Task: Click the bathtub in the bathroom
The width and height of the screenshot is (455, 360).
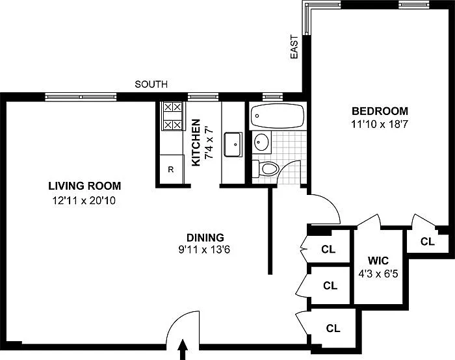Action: click(277, 116)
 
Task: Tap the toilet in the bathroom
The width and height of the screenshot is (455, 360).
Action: click(265, 168)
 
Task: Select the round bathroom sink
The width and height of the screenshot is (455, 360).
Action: click(261, 142)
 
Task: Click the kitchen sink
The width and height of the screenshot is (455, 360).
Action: click(233, 144)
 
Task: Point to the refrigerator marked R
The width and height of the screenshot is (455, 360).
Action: click(172, 169)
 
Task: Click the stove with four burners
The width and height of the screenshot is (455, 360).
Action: click(172, 116)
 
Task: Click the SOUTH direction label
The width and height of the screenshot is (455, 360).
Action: click(151, 84)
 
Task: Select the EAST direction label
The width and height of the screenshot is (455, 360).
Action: click(294, 47)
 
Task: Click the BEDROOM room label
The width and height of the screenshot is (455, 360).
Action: click(380, 111)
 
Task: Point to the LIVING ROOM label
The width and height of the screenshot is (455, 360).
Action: click(84, 186)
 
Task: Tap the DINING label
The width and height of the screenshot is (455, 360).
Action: click(205, 238)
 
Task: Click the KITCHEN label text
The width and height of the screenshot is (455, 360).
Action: click(196, 143)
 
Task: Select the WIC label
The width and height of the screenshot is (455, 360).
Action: click(378, 261)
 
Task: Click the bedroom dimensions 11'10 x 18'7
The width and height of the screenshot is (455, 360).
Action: click(380, 125)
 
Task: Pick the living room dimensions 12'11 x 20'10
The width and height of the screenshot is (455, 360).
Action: click(84, 200)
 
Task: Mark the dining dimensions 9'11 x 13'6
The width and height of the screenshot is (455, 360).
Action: click(204, 250)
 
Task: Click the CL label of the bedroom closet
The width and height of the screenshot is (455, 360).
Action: click(428, 241)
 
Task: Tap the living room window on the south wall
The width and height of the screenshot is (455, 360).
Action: click(81, 97)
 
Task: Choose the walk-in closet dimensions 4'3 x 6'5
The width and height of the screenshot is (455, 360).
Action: click(378, 274)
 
